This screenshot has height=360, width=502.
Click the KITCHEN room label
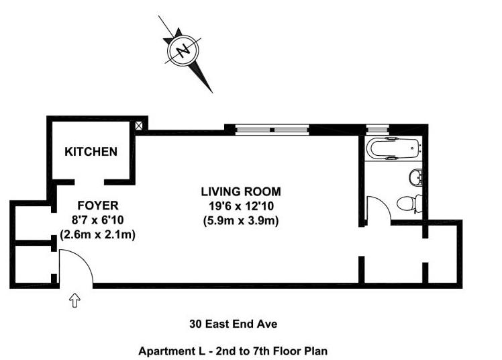click(x=91, y=152)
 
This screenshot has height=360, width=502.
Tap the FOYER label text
click(x=98, y=206)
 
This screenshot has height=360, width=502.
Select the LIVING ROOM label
click(x=241, y=191)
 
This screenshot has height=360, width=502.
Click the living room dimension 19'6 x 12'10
click(x=241, y=206)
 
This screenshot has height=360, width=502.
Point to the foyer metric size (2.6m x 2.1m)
click(x=97, y=235)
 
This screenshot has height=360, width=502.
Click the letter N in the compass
click(x=183, y=50)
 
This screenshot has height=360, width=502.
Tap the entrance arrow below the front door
click(x=74, y=300)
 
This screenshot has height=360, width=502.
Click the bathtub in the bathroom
click(x=394, y=148)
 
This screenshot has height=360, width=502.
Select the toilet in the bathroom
click(x=409, y=203)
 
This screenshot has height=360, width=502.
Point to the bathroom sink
click(x=415, y=177)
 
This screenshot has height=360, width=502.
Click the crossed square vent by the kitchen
click(x=139, y=126)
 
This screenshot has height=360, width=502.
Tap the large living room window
click(x=272, y=130)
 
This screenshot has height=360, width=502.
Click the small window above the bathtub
click(x=377, y=130)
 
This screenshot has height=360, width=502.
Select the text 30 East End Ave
click(x=233, y=324)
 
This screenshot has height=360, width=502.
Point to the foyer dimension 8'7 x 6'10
click(x=97, y=220)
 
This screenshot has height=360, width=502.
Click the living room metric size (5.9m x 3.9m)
click(x=241, y=221)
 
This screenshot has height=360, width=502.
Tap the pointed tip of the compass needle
click(x=212, y=92)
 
